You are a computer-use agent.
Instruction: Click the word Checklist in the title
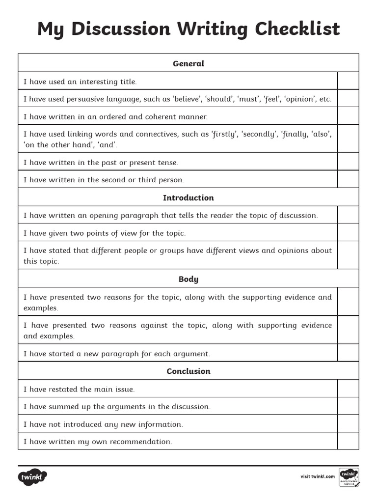pyautogui.click(x=297, y=29)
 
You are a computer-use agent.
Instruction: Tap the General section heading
pyautogui.click(x=188, y=63)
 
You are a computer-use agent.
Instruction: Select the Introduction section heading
pyautogui.click(x=188, y=197)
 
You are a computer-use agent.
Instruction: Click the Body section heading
pyautogui.click(x=188, y=279)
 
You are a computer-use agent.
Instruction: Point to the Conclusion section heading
pyautogui.click(x=188, y=371)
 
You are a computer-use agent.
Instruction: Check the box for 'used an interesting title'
pyautogui.click(x=348, y=81)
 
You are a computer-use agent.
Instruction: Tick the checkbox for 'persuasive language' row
pyautogui.click(x=348, y=99)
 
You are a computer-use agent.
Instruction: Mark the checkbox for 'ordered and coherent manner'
pyautogui.click(x=348, y=116)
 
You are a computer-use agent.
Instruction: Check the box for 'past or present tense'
pyautogui.click(x=348, y=162)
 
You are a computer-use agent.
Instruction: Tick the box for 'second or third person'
pyautogui.click(x=348, y=180)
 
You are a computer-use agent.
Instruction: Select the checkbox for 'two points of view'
pyautogui.click(x=348, y=233)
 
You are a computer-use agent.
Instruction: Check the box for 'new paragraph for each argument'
pyautogui.click(x=348, y=353)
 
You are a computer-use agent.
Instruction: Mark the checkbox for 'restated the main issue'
pyautogui.click(x=348, y=389)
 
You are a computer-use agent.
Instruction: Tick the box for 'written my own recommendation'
pyautogui.click(x=348, y=441)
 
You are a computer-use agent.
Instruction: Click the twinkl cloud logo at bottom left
pyautogui.click(x=33, y=476)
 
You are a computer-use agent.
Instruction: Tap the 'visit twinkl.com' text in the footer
pyautogui.click(x=318, y=476)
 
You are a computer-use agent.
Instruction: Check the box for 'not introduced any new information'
pyautogui.click(x=348, y=424)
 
